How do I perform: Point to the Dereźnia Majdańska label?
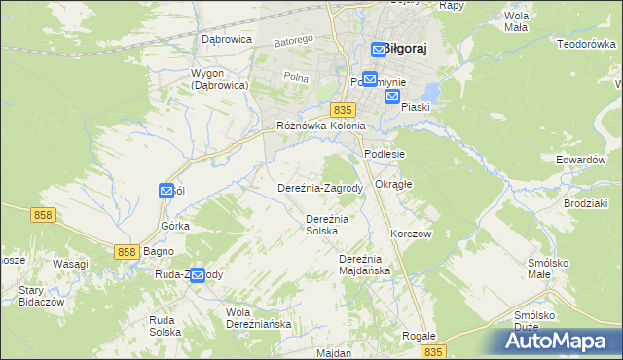click(x=364, y=265)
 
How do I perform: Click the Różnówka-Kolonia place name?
click(x=320, y=126)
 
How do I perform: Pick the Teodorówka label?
click(x=586, y=44)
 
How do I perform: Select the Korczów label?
click(x=410, y=234)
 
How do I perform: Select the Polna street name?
click(x=295, y=77)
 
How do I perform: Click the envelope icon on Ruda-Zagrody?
click(x=198, y=276)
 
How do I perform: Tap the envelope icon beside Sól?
click(x=166, y=192)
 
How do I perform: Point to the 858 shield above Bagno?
click(x=126, y=251)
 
